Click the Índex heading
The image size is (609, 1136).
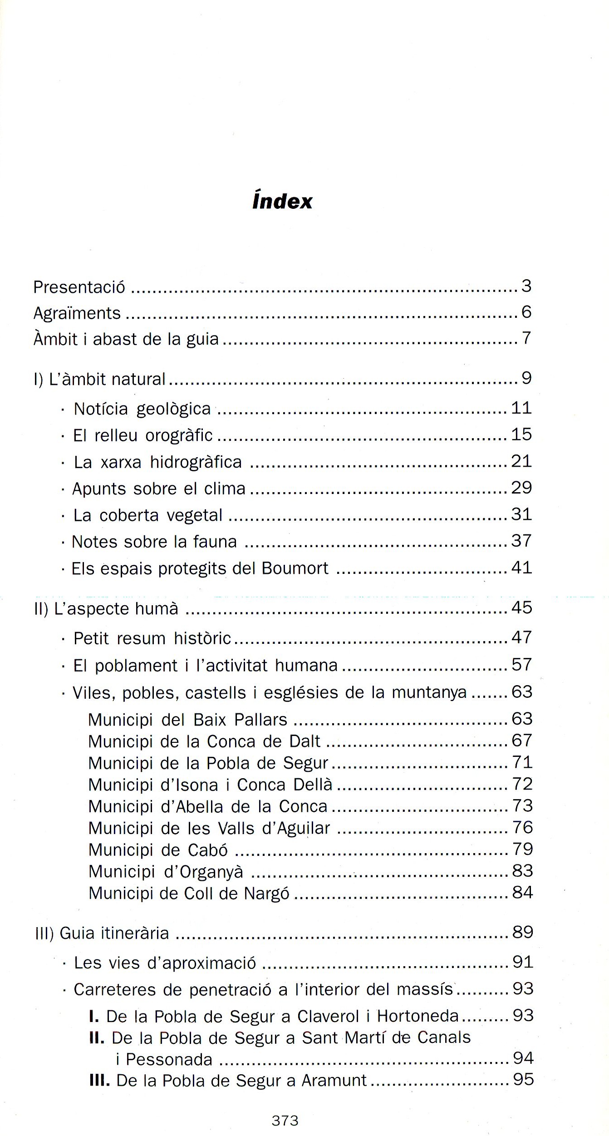point(282,202)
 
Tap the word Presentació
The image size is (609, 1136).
point(79,287)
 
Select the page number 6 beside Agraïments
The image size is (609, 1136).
point(526,312)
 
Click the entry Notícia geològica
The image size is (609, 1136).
point(142,409)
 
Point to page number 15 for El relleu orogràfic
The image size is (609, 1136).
point(521,435)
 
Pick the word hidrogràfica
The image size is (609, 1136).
point(196,462)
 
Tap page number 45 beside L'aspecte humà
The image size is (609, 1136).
point(521,608)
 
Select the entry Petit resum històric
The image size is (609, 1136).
point(152,638)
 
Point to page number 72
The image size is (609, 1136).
point(522,784)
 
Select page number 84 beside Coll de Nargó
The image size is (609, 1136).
point(522,893)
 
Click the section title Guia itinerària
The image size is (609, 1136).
point(114,933)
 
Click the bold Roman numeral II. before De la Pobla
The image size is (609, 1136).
point(97,1038)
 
